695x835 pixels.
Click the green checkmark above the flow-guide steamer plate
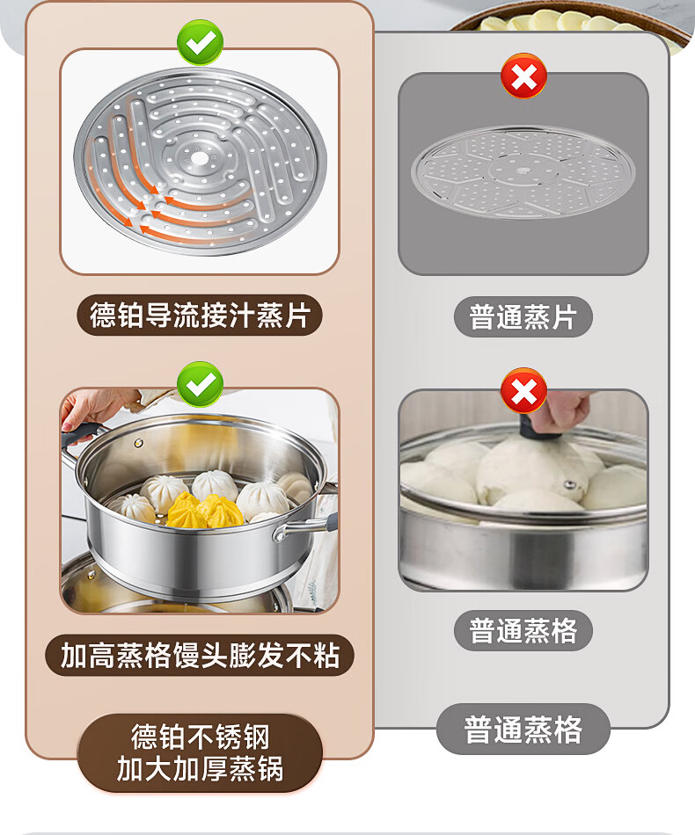pos(201,42)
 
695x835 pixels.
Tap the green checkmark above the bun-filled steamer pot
pos(201,384)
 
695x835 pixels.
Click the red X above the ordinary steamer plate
pos(524,76)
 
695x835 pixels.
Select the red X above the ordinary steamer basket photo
pos(524,391)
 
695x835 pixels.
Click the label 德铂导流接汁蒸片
pos(200,315)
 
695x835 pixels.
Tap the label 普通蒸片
pos(523,316)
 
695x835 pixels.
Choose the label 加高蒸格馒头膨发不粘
pos(200,655)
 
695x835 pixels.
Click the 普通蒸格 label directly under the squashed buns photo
pos(523,630)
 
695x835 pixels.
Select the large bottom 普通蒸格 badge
pos(523,729)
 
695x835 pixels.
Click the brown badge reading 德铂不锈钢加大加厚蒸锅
pos(200,753)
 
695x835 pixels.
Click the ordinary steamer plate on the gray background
pos(523,172)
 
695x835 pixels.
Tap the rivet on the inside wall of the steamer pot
pos(139,443)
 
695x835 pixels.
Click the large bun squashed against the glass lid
pos(532,469)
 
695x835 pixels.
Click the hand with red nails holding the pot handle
pos(91,408)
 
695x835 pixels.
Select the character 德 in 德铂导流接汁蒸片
pos(102,315)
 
